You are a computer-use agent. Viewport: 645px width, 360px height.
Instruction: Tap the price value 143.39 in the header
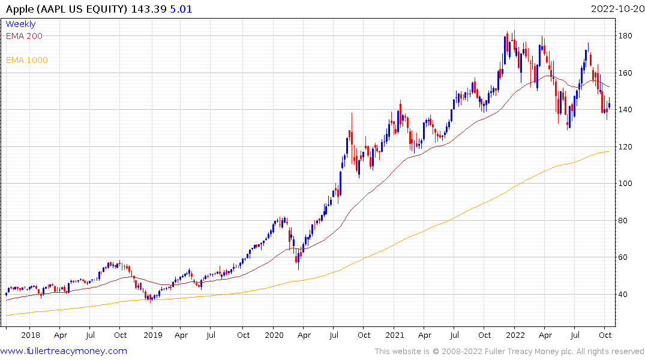tap(154, 9)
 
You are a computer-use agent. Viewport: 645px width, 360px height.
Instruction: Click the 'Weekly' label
tap(20, 24)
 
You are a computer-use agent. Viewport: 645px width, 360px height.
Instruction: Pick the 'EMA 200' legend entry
tap(24, 36)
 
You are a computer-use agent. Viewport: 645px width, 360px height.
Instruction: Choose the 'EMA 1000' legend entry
tap(26, 60)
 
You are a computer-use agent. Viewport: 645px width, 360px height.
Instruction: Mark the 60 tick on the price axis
tap(626, 257)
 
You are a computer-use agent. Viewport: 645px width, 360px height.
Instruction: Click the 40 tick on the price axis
tap(626, 295)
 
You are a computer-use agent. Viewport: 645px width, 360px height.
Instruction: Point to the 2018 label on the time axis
tap(30, 335)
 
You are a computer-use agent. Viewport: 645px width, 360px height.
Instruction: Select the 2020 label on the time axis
tap(274, 335)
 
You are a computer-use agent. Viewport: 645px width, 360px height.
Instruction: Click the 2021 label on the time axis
tap(395, 335)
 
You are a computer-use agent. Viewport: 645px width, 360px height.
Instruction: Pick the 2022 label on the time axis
tap(515, 335)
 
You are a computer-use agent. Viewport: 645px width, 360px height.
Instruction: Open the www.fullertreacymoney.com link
tap(64, 351)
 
